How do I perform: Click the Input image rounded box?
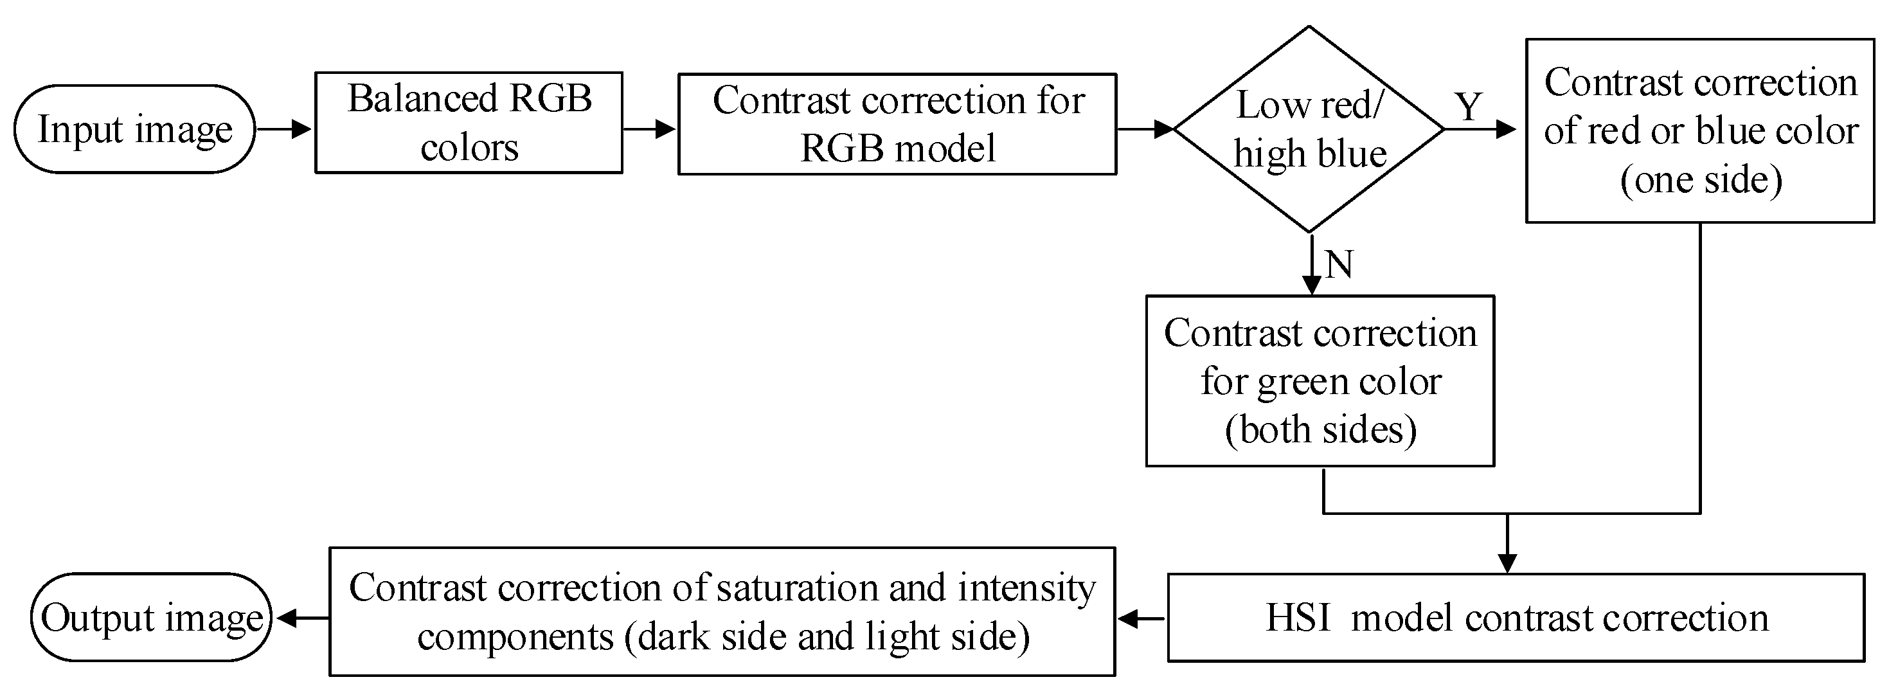(x=134, y=129)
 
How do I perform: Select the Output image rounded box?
(x=152, y=617)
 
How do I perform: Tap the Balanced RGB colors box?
(x=469, y=122)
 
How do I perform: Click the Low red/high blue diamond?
(x=1309, y=129)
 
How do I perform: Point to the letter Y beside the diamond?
(x=1468, y=107)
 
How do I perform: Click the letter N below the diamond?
(x=1339, y=264)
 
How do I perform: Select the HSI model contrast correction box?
(x=1516, y=617)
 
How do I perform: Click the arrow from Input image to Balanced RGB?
(x=284, y=129)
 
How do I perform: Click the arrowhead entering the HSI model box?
(x=1507, y=563)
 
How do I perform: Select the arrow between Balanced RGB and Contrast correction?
(x=649, y=129)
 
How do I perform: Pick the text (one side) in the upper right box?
(x=1701, y=179)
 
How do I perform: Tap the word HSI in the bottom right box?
(x=1298, y=617)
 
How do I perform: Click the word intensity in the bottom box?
(x=1026, y=588)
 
